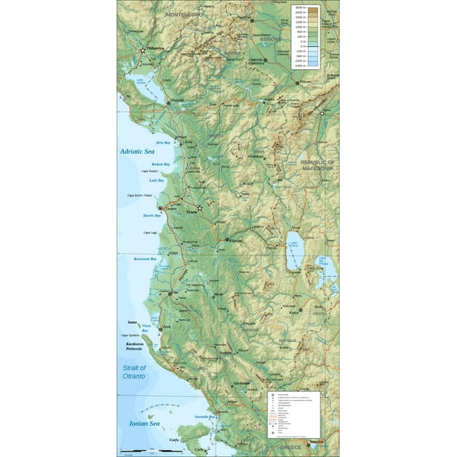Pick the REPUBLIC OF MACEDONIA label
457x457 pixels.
pyautogui.click(x=319, y=165)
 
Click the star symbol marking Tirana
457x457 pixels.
pyautogui.click(x=199, y=207)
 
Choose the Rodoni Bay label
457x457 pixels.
pyautogui.click(x=160, y=163)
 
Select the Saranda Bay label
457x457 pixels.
pyautogui.click(x=205, y=417)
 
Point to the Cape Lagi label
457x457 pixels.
pyautogui.click(x=150, y=232)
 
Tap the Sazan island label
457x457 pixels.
pyautogui.click(x=132, y=322)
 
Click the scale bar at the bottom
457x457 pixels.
pyautogui.click(x=135, y=452)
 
